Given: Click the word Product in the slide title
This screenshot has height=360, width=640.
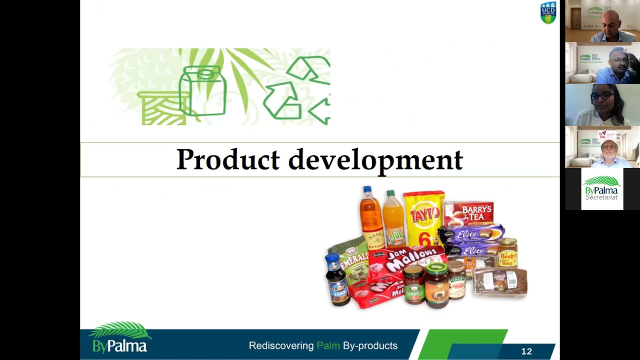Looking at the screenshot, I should (x=227, y=160).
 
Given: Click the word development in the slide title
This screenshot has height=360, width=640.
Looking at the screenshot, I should (x=375, y=160).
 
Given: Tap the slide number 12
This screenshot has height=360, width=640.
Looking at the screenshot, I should (x=526, y=351).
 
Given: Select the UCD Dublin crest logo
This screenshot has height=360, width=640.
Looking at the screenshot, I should (x=548, y=13).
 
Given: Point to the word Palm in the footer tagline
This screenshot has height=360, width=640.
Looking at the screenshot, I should (x=328, y=345).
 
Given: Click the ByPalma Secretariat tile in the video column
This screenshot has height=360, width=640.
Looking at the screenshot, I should (x=602, y=188).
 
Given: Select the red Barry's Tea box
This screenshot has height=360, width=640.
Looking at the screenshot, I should (x=469, y=213).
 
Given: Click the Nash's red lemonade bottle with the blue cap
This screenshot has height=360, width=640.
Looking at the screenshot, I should (x=371, y=220).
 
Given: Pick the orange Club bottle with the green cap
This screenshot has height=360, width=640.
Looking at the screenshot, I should (x=394, y=220).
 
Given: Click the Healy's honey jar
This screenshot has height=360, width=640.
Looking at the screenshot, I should (x=507, y=252).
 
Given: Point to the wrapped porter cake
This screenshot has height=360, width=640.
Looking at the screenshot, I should (x=500, y=281).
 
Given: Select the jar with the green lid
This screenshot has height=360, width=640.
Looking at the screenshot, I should (x=436, y=285).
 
